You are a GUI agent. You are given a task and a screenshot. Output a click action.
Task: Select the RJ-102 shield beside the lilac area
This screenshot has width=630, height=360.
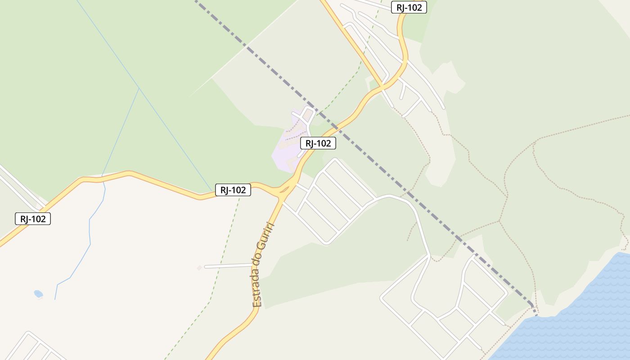[318, 143]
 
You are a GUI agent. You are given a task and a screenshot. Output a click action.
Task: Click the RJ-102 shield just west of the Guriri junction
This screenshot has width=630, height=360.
[233, 190]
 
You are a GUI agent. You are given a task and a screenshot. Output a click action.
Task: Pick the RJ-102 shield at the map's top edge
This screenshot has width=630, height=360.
[409, 7]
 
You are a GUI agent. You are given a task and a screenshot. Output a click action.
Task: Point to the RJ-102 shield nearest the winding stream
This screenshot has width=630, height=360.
[33, 219]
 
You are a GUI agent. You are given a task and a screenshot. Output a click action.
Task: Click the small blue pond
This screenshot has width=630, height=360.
[38, 294]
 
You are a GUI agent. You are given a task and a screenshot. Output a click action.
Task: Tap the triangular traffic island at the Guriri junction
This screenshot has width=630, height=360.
[284, 190]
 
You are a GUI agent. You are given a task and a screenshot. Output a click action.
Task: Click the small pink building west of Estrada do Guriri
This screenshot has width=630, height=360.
[199, 268]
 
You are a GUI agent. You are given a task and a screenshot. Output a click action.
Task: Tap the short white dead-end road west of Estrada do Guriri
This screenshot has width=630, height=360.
[227, 266]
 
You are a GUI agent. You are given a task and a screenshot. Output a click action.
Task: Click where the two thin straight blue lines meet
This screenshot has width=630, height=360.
[139, 88]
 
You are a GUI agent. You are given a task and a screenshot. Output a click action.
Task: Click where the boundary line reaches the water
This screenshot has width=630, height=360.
[535, 313]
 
